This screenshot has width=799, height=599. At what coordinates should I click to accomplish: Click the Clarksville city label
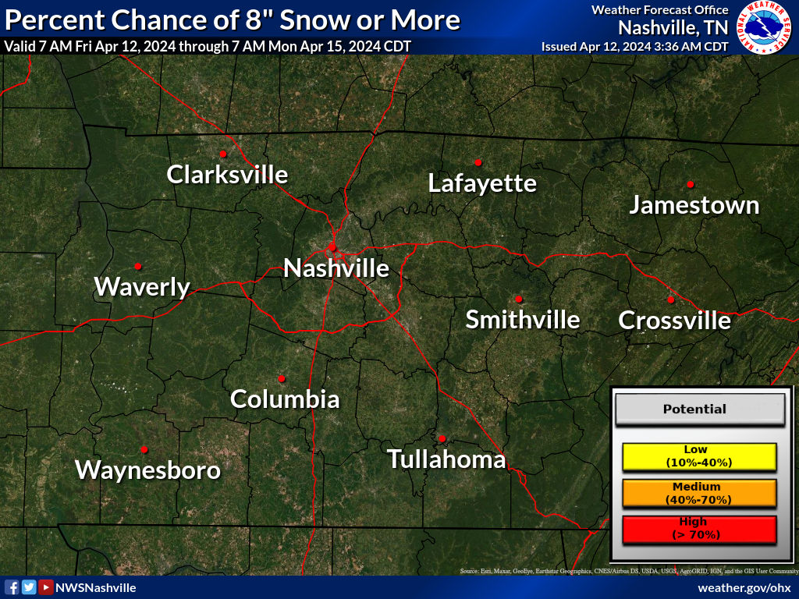pos(227,174)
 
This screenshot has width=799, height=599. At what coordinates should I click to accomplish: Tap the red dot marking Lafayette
pos(478,162)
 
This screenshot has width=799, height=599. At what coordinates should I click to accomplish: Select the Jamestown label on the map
pos(694,205)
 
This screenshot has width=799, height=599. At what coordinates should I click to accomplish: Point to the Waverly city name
pos(142,287)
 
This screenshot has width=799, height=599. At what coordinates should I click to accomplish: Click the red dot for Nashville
pos(332,246)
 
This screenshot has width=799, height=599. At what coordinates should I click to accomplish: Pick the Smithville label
pos(523,320)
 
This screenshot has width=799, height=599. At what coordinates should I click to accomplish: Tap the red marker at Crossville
pos(670,299)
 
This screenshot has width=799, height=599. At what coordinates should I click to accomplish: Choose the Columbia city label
pos(285,399)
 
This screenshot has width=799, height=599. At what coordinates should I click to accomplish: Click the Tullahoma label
pos(446,459)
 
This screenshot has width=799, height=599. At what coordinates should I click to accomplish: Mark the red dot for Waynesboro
pos(144,448)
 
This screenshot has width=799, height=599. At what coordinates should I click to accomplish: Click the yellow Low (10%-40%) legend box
pos(699,457)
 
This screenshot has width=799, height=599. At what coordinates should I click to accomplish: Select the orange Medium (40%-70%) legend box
pos(699,493)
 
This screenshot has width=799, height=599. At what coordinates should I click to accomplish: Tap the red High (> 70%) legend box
pos(699,529)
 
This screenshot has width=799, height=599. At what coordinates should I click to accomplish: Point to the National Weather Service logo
pos(765,27)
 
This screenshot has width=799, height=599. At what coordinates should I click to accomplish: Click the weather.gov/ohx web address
pos(744,587)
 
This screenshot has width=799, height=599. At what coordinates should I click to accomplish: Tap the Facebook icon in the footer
pos(12,587)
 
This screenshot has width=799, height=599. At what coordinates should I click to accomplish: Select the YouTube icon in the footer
pos(46,587)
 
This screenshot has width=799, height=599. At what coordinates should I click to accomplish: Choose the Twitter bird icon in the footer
pos(29,587)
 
